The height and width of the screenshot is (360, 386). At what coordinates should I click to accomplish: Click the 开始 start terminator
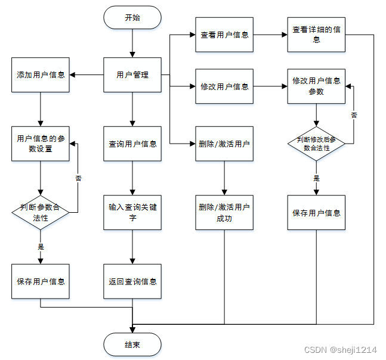point(132,17)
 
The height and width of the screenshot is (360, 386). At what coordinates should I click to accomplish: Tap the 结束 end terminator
point(132,344)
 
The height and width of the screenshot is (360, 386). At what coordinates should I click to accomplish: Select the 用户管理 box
point(132,75)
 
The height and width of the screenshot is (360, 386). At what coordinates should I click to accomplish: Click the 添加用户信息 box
point(41,75)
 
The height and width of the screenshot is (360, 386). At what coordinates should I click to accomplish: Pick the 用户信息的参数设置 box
point(41,144)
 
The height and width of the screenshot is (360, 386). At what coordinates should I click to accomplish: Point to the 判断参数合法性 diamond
point(41,212)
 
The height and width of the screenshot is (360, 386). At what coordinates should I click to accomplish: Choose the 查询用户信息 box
point(132,144)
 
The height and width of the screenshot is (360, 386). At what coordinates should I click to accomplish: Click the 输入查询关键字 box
point(132,212)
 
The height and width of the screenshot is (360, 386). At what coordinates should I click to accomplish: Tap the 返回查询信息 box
point(132,281)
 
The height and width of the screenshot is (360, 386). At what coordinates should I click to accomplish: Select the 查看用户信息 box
point(224,35)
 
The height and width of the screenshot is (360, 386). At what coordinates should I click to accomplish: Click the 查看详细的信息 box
point(316,35)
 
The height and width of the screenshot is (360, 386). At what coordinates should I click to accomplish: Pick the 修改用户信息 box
point(224,86)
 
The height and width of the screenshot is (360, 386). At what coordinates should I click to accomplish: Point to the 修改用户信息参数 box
point(316,86)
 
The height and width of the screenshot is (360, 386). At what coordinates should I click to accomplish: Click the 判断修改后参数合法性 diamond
point(316,143)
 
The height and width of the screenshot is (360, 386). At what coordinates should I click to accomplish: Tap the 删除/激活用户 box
point(224,144)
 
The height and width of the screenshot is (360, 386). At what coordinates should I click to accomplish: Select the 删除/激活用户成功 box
point(224,212)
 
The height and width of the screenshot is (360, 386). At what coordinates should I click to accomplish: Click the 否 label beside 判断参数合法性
point(78,178)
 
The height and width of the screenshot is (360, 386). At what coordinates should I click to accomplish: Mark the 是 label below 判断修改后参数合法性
point(316,178)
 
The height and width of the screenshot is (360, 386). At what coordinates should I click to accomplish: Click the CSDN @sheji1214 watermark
point(340,350)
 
